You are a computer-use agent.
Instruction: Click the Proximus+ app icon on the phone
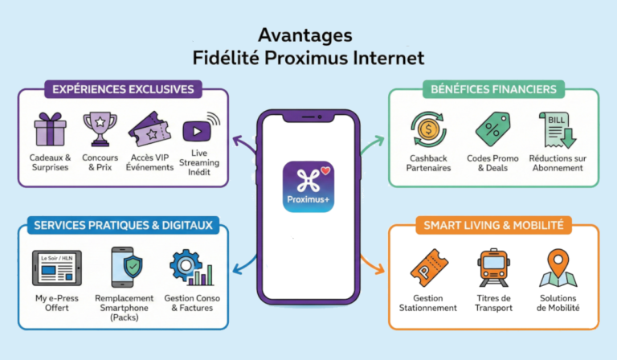click(308, 186)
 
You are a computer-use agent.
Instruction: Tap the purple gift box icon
click(50, 129)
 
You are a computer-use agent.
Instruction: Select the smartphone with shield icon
click(126, 268)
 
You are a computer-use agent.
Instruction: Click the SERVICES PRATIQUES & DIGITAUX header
click(123, 225)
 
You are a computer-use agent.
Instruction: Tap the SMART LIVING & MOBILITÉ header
click(492, 225)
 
